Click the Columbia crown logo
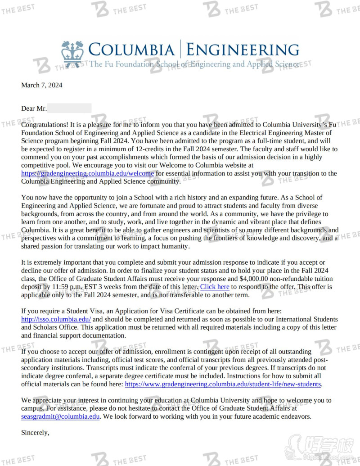click(72, 54)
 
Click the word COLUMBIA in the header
click(131, 50)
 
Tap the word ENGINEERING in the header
click(242, 50)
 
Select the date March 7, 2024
click(42, 85)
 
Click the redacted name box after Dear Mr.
click(69, 108)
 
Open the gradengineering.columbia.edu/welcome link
click(87, 173)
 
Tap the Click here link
click(215, 287)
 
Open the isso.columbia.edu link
click(56, 319)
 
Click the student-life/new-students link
click(223, 384)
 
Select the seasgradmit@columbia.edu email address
click(60, 416)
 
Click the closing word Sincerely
click(35, 433)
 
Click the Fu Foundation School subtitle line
click(193, 64)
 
